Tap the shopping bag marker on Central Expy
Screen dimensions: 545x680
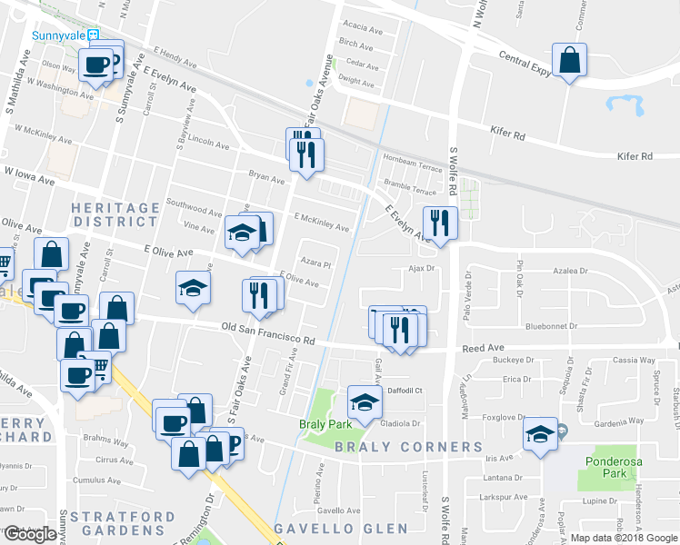tap(569, 61)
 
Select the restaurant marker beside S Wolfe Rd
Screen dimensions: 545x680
tap(441, 222)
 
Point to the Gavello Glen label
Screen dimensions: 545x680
tap(341, 528)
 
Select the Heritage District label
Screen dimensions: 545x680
tap(115, 214)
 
